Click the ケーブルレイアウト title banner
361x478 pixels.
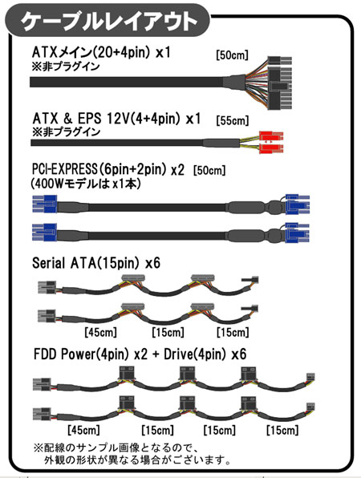[107, 21]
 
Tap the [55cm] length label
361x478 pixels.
[233, 121]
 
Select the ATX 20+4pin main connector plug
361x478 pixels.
[280, 83]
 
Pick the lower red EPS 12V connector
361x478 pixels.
[271, 148]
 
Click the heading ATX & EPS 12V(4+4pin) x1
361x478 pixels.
[116, 118]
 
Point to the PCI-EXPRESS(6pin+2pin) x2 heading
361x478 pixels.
[108, 169]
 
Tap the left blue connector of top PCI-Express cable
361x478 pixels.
[44, 204]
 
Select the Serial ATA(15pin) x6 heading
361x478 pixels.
[96, 263]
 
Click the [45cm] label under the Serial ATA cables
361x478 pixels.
[100, 332]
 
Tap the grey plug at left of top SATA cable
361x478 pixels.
[47, 287]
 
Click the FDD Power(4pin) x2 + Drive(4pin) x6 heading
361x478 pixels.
[140, 354]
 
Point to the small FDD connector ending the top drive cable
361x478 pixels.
[310, 377]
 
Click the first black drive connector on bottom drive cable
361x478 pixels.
[127, 404]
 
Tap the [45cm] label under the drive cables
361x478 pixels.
[83, 430]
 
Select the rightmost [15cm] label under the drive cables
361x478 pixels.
[282, 430]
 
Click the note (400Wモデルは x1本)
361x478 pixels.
[86, 184]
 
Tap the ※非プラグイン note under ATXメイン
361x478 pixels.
[66, 66]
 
